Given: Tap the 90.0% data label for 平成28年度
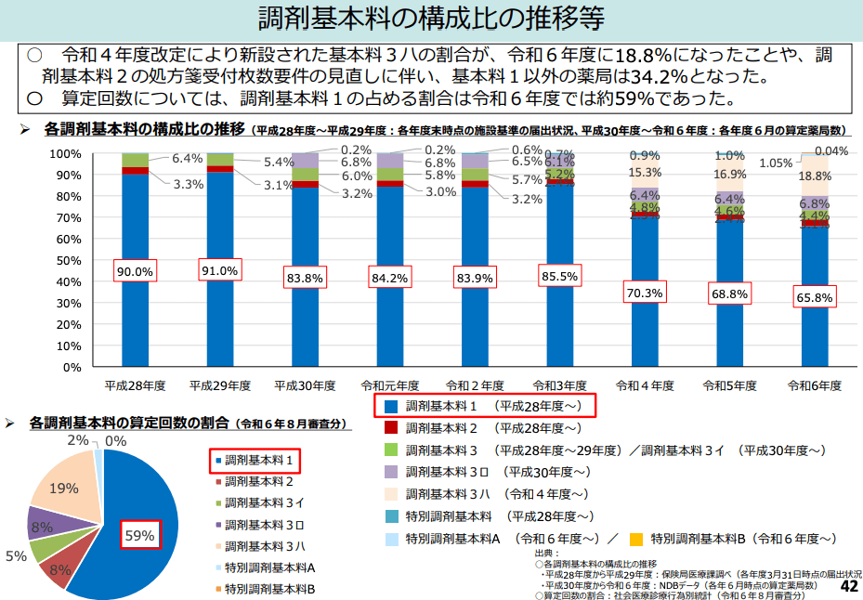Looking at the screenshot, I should (136, 271).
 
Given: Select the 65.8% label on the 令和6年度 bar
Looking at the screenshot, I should (814, 297).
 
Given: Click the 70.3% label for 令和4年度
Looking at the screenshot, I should (645, 293).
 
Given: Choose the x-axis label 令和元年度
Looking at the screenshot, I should (389, 385).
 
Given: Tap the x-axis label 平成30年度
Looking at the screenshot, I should (305, 385).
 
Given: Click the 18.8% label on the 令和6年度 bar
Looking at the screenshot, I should (815, 176).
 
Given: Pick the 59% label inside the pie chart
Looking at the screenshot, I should (138, 535).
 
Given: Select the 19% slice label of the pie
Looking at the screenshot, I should (63, 489).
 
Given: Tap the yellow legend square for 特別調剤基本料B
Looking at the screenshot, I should (635, 539).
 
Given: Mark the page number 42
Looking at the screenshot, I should (848, 587).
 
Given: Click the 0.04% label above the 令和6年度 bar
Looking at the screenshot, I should (830, 151).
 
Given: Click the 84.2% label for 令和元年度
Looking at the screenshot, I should (390, 277).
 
